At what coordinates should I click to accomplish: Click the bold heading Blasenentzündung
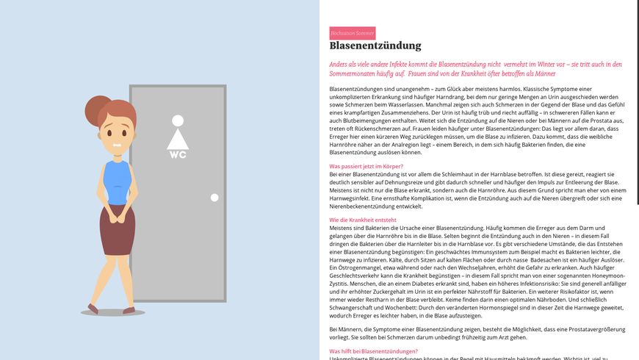(375, 46)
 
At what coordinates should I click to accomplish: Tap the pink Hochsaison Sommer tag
(352, 33)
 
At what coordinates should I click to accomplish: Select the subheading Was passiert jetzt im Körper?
(366, 167)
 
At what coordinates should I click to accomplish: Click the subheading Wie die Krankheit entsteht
(363, 220)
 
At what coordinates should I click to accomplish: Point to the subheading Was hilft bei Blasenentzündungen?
(373, 351)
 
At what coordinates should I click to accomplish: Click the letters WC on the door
(178, 154)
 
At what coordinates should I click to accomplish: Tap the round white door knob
(214, 198)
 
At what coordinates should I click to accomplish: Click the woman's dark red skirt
(116, 240)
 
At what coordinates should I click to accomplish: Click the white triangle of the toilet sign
(178, 138)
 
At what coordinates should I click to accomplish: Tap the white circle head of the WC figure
(178, 120)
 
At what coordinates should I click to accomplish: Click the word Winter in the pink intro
(548, 65)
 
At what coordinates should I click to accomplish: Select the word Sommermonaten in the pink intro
(355, 73)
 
